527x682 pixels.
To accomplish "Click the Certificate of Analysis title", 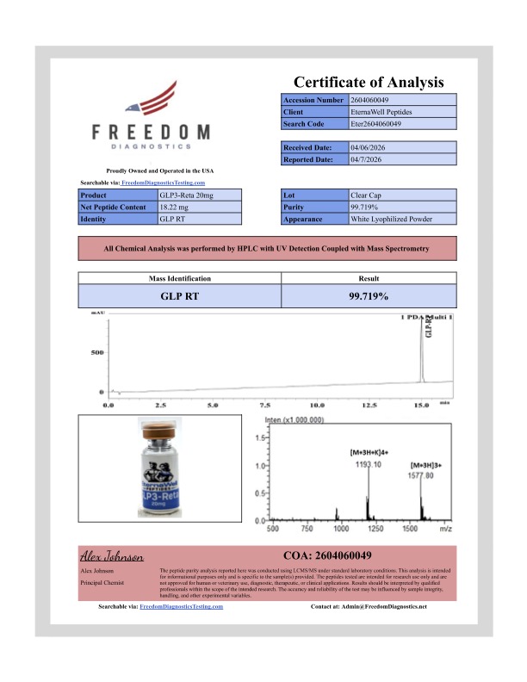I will (x=369, y=83).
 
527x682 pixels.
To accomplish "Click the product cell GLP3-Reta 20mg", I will (x=187, y=195).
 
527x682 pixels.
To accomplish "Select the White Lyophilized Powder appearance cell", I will (x=390, y=220).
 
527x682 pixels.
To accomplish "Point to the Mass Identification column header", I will (x=180, y=278).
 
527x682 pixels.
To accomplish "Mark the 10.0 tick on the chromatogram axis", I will (x=317, y=404).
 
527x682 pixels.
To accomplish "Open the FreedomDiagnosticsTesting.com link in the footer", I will (x=181, y=606).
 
